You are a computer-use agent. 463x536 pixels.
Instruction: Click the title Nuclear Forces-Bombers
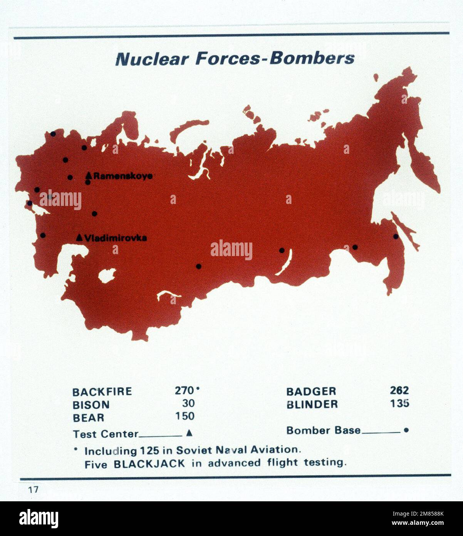click(235, 59)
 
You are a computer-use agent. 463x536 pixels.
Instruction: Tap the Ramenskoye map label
click(123, 176)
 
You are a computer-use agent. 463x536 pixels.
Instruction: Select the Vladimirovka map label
click(116, 238)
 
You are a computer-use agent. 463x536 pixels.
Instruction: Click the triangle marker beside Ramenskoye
click(89, 175)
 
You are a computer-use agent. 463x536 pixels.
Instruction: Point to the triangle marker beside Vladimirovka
click(79, 238)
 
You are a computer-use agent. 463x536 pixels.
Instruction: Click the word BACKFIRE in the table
click(102, 392)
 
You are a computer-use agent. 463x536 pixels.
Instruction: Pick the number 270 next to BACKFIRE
click(185, 391)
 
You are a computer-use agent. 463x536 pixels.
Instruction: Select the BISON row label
click(91, 405)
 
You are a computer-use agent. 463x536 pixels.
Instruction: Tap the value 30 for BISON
click(188, 403)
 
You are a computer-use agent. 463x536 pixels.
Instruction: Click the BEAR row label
click(89, 418)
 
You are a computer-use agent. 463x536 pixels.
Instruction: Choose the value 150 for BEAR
click(185, 416)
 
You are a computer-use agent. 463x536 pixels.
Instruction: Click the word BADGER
click(311, 391)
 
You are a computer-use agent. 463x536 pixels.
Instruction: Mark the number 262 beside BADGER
click(399, 391)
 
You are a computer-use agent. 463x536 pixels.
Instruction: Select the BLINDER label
click(312, 405)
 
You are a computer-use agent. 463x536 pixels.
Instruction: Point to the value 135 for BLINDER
click(399, 403)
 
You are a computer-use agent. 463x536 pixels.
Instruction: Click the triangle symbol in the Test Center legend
click(189, 433)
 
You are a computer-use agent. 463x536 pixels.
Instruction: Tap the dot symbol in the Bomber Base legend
click(406, 430)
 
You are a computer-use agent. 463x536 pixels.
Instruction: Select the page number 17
click(33, 490)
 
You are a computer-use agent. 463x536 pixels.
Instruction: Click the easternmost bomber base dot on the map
click(396, 236)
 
